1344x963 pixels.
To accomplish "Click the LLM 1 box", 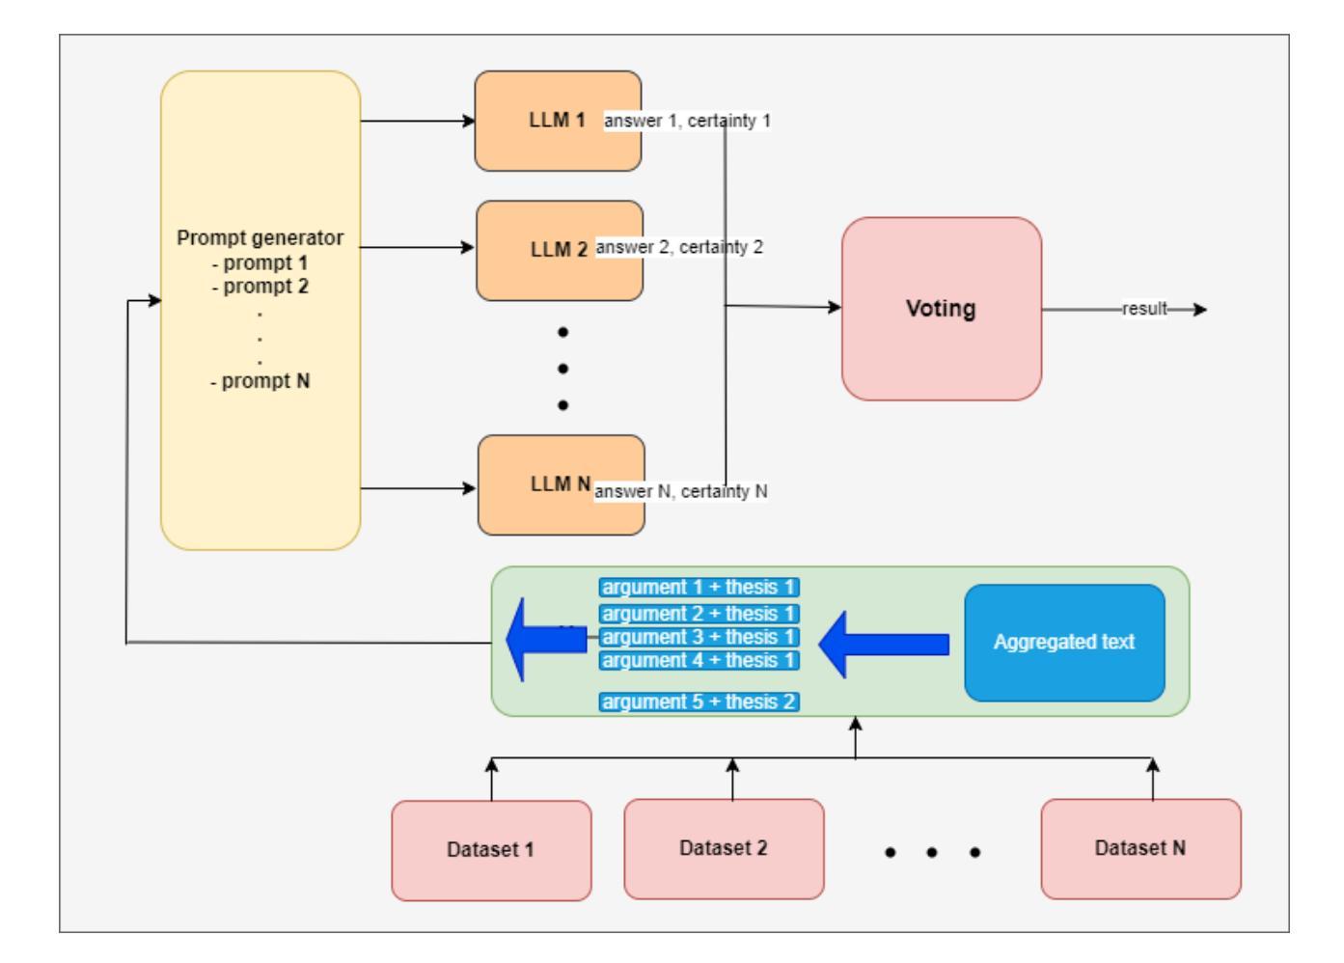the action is (558, 121).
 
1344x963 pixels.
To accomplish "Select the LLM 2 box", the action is (560, 250).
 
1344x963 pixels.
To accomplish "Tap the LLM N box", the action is (561, 484).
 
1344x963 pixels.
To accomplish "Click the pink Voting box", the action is (942, 309).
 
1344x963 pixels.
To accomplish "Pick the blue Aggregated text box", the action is (1064, 643).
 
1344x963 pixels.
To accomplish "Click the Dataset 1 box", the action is (491, 850).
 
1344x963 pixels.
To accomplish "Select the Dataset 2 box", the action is (724, 848).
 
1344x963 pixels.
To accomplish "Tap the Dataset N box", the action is (1140, 848).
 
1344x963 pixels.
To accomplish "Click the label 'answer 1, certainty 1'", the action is (687, 121).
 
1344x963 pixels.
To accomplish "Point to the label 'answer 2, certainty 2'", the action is (679, 247).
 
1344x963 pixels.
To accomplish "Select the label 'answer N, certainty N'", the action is (681, 491).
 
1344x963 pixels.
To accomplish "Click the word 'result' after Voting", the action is (1144, 309).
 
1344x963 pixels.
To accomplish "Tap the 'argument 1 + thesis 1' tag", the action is (699, 587).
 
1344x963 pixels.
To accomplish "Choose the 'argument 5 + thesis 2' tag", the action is (699, 702).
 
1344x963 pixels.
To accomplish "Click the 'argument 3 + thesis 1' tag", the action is (699, 637).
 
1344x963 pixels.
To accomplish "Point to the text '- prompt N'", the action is (260, 381).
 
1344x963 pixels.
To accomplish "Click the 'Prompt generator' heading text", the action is (260, 237).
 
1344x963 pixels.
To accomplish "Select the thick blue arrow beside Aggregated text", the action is (883, 645).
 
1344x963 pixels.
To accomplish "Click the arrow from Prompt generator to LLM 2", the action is (417, 247).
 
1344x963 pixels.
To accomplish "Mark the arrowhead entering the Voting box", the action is (835, 307).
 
